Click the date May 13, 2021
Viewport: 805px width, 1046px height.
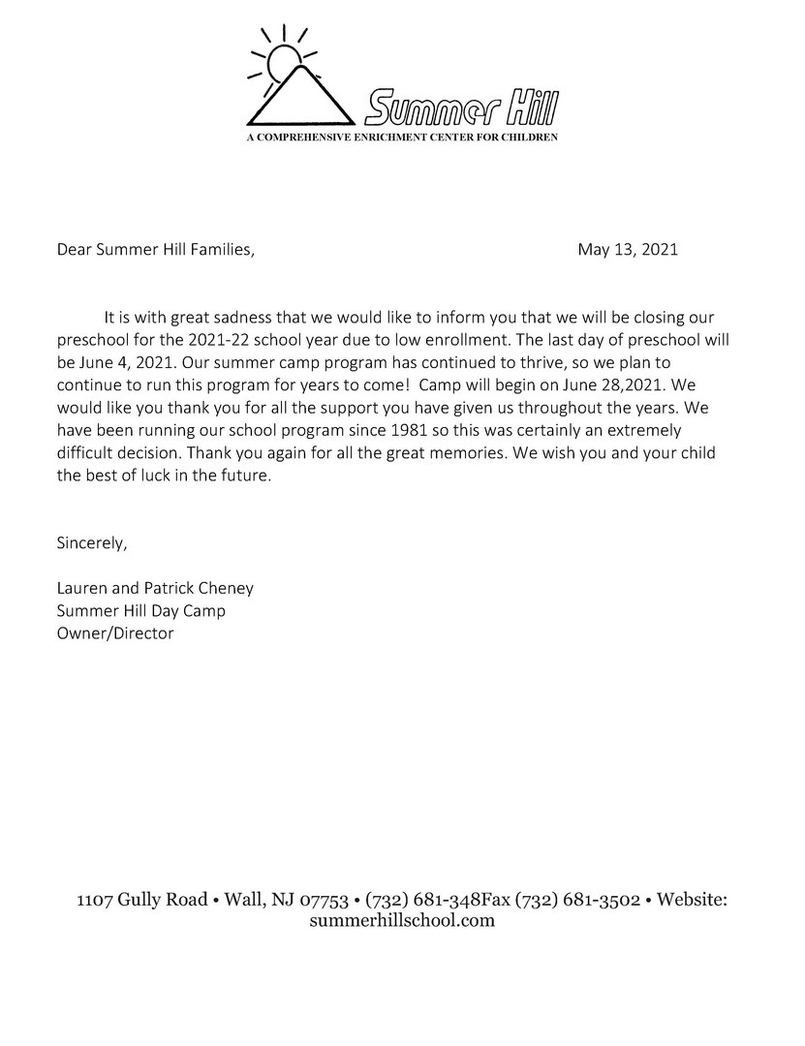(x=628, y=250)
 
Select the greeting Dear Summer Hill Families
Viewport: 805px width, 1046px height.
(x=155, y=250)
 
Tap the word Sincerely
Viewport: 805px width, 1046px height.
(x=92, y=542)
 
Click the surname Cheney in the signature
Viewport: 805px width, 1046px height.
(x=225, y=588)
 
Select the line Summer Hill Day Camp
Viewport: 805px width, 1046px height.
(x=141, y=611)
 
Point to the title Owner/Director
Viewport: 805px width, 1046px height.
(x=115, y=633)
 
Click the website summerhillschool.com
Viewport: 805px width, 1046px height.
(x=402, y=921)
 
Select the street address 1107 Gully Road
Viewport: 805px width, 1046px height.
(x=141, y=900)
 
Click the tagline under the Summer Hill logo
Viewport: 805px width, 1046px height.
(x=402, y=138)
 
